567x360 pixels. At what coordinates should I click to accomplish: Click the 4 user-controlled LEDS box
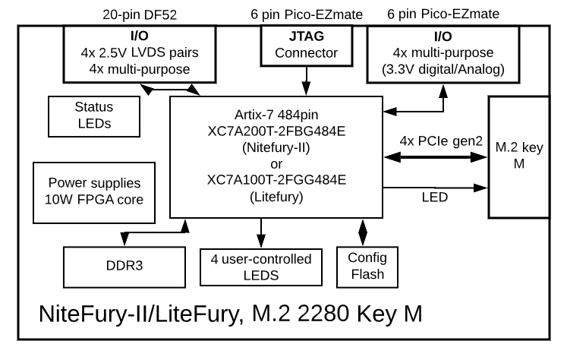(260, 266)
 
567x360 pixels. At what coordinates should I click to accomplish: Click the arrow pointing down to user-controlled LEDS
(260, 231)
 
